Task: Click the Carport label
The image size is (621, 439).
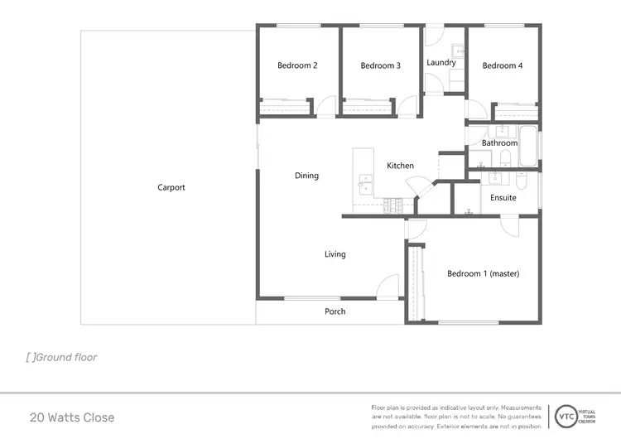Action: [171, 187]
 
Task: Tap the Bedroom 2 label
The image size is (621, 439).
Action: [297, 65]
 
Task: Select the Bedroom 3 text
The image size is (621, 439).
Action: [380, 65]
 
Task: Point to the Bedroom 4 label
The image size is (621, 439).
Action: [503, 65]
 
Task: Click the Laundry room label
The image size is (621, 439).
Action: [441, 62]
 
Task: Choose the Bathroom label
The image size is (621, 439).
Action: [500, 142]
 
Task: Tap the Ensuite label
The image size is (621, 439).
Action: [503, 198]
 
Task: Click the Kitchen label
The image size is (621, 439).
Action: [400, 166]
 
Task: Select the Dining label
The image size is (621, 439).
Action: [306, 176]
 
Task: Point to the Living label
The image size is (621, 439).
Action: [335, 254]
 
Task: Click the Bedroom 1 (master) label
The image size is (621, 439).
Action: [483, 273]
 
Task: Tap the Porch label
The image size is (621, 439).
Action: [335, 311]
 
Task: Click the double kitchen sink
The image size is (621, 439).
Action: [364, 183]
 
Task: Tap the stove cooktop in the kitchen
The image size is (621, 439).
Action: [392, 205]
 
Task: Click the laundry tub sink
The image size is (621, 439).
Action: [458, 51]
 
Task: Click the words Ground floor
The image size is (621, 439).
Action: [65, 358]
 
